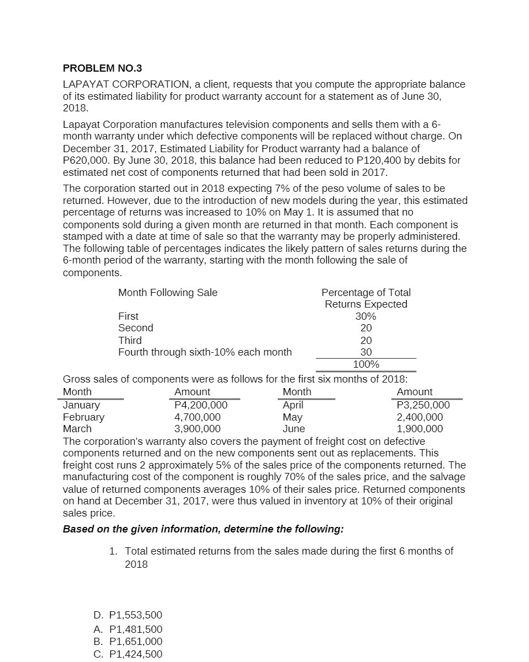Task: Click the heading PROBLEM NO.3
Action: click(102, 68)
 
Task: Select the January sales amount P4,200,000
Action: click(201, 405)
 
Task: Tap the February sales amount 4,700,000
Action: click(197, 417)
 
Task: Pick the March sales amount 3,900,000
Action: click(197, 429)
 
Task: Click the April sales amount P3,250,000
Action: click(423, 405)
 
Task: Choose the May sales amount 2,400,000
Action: click(420, 417)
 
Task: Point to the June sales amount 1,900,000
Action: click(420, 429)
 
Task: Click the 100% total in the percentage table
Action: click(366, 364)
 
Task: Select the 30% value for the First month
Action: click(366, 316)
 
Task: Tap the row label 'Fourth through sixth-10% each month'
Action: click(205, 352)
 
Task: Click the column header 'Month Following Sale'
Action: click(168, 293)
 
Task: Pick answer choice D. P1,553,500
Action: click(128, 615)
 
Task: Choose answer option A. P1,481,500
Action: click(128, 629)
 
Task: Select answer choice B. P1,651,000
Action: click(128, 642)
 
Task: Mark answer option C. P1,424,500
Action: click(128, 654)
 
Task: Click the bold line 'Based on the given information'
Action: click(203, 529)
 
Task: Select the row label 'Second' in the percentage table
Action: click(136, 328)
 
